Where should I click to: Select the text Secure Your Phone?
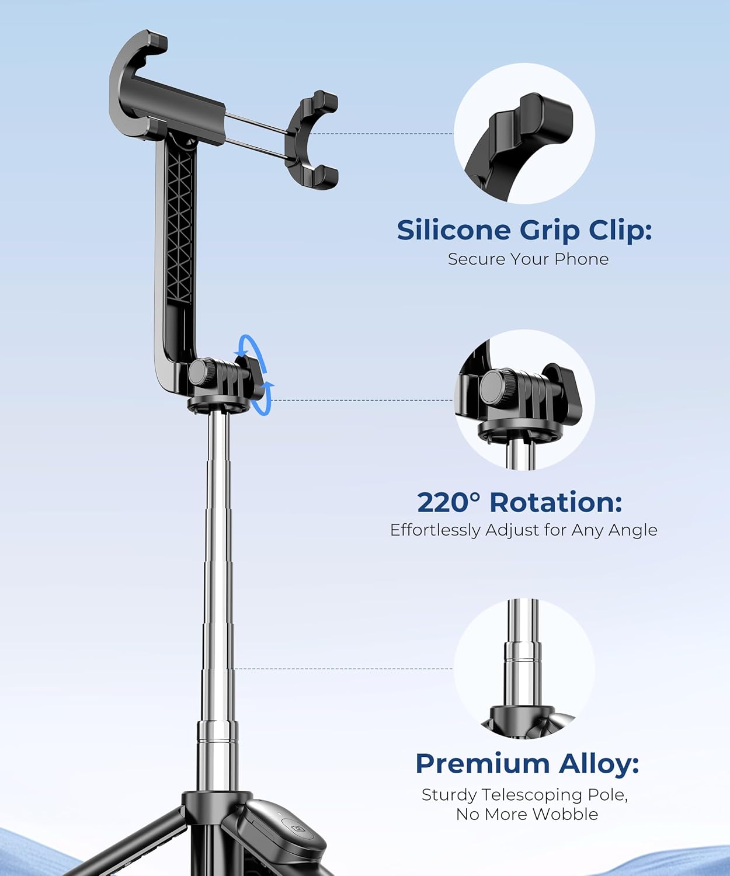528,259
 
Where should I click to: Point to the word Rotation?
555,502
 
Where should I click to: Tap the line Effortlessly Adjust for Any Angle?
523,530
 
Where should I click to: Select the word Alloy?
599,764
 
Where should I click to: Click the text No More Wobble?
527,814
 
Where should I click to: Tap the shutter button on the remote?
297,828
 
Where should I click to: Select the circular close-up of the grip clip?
524,133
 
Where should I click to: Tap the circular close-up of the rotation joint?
524,399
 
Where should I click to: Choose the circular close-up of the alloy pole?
524,669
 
